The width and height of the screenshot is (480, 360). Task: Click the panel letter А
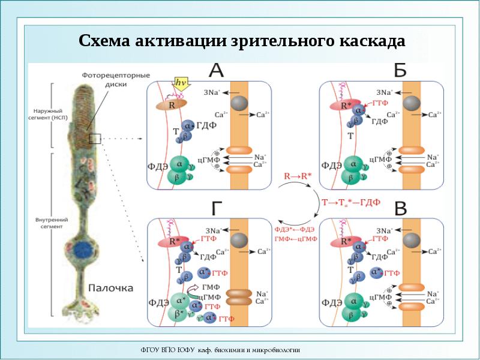tap(216, 71)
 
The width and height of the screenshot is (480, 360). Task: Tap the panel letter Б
tap(400, 70)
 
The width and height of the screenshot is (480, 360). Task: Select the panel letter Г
tap(218, 208)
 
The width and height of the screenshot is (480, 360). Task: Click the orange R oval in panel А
tap(172, 104)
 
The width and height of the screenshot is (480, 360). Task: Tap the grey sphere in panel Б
tap(412, 103)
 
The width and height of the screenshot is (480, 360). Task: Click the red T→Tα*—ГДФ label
tap(351, 202)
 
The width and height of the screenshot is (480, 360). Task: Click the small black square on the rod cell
tap(94, 139)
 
